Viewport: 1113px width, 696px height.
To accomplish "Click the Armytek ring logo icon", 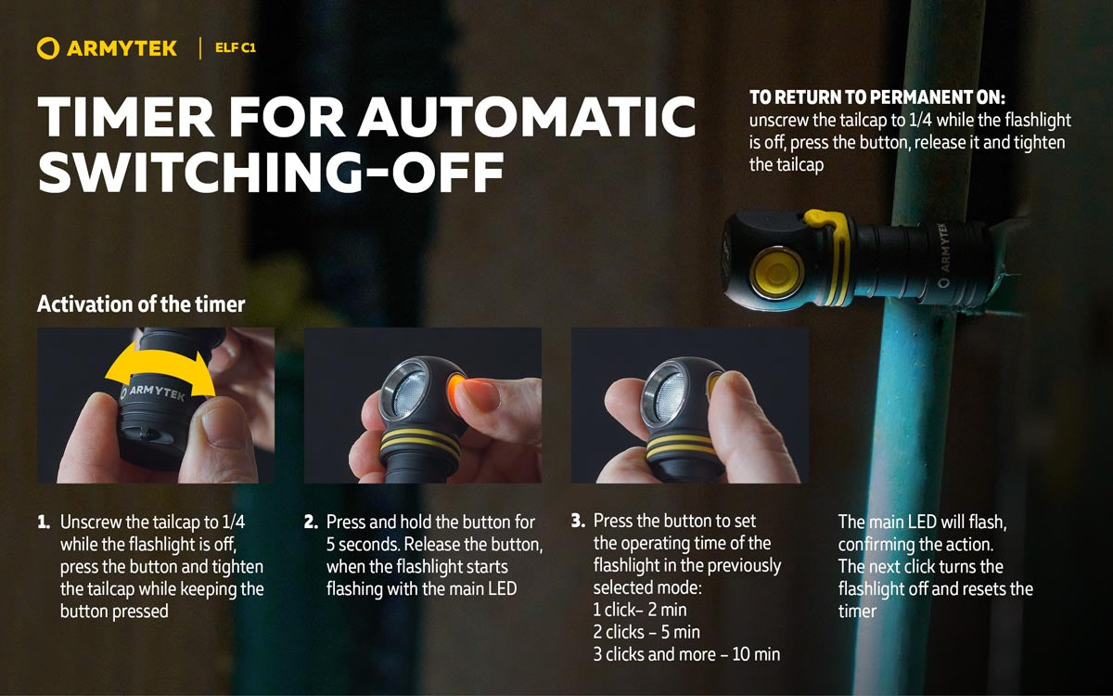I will [x=48, y=48].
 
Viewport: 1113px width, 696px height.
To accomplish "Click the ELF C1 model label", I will [x=235, y=48].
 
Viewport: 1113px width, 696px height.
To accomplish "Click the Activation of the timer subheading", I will [x=140, y=303].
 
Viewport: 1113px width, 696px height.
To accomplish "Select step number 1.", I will [x=44, y=522].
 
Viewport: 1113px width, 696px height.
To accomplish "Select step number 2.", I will [x=311, y=522].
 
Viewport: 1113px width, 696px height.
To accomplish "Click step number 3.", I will [x=578, y=522].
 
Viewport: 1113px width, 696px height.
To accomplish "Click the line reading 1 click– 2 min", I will [x=640, y=610].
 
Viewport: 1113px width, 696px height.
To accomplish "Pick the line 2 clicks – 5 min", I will [x=646, y=632].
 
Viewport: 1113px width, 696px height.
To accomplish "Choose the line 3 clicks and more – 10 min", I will [x=686, y=654].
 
